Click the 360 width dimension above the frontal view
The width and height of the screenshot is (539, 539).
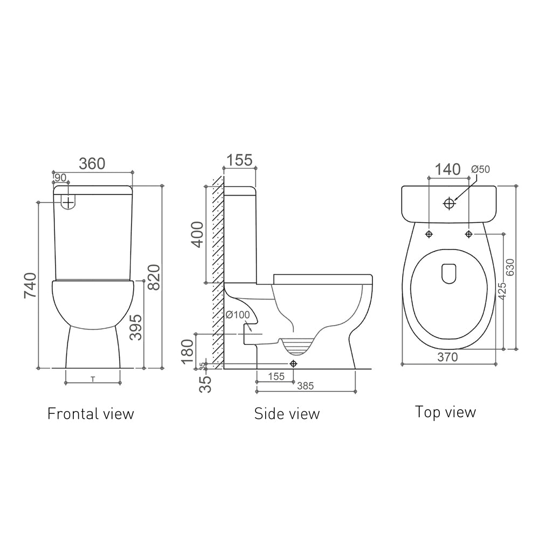click(92, 163)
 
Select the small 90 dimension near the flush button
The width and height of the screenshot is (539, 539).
click(60, 177)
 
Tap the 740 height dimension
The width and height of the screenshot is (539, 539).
click(30, 286)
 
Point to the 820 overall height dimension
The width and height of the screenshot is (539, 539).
click(154, 277)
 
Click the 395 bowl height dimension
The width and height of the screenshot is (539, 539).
click(136, 327)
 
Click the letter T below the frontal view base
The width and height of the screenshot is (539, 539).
click(93, 379)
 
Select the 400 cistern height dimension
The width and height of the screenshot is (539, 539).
click(198, 234)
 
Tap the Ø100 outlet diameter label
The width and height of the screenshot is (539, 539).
click(237, 315)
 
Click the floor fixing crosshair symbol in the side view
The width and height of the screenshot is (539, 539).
click(293, 364)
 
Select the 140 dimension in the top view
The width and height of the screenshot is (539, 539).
click(448, 169)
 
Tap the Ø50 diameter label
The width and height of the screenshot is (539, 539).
click(480, 169)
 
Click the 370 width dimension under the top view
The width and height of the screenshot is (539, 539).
click(447, 357)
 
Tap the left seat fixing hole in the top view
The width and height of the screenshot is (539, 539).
click(429, 234)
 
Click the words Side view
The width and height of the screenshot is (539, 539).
click(287, 413)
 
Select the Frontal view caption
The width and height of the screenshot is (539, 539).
click(91, 413)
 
